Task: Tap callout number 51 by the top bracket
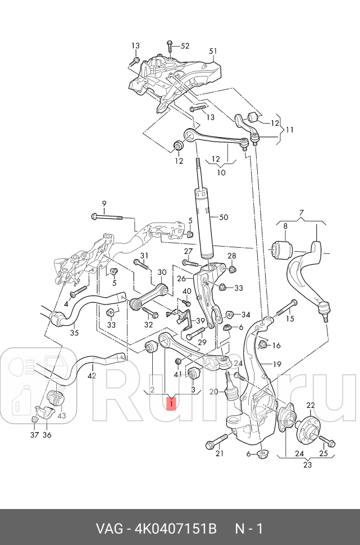213,51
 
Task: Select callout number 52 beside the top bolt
185,46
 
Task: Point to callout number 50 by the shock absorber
224,217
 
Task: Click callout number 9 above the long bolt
103,203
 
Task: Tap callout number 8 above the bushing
285,226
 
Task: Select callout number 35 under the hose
74,333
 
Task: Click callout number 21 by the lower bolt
220,454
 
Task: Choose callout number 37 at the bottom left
34,435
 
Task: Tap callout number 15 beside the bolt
290,319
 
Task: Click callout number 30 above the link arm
162,272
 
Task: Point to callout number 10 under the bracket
221,172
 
